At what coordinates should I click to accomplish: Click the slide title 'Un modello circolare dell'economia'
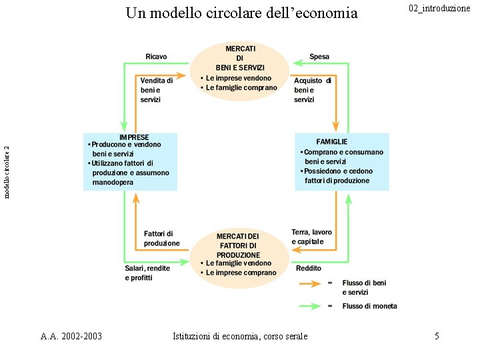pyautogui.click(x=241, y=13)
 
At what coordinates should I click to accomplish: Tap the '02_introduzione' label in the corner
pyautogui.click(x=439, y=8)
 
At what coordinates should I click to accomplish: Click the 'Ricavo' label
pyautogui.click(x=156, y=57)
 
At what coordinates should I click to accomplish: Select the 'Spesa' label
pyautogui.click(x=319, y=57)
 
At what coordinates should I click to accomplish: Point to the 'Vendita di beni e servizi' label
pyautogui.click(x=156, y=89)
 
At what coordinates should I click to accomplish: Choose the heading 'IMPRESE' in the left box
pyautogui.click(x=134, y=137)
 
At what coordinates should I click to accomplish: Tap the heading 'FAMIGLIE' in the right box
pyautogui.click(x=331, y=141)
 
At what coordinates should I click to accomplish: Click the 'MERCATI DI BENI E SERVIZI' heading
pyautogui.click(x=240, y=58)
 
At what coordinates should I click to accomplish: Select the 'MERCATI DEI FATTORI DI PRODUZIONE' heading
pyautogui.click(x=238, y=245)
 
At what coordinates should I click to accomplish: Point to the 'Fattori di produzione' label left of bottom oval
pyautogui.click(x=161, y=238)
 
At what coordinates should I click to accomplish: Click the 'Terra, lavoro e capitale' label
pyautogui.click(x=311, y=237)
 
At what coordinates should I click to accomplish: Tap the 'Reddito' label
pyautogui.click(x=309, y=268)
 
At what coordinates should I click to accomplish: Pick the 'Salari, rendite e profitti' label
pyautogui.click(x=147, y=272)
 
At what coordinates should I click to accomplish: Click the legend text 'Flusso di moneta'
pyautogui.click(x=369, y=306)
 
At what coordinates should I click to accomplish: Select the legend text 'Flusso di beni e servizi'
pyautogui.click(x=364, y=287)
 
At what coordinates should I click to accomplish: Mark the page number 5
pyautogui.click(x=437, y=336)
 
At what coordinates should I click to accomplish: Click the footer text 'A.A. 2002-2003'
pyautogui.click(x=71, y=336)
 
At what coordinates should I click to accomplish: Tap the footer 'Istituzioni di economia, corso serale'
pyautogui.click(x=240, y=336)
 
